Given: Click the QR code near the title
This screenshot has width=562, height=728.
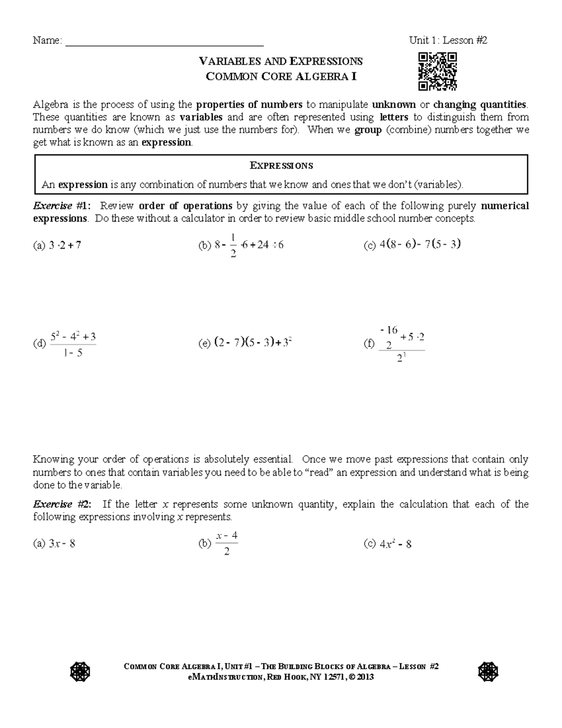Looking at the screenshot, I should click(x=437, y=71).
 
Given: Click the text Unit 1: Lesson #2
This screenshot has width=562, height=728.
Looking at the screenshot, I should click(x=448, y=40).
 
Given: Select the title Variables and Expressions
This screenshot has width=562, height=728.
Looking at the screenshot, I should click(x=281, y=61).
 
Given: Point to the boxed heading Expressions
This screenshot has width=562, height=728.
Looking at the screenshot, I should click(x=281, y=165).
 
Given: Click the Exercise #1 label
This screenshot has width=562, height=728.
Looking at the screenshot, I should click(x=62, y=206).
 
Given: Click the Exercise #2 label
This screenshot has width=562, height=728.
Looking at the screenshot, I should click(x=62, y=504).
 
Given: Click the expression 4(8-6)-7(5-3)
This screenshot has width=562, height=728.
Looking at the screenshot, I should click(x=420, y=244).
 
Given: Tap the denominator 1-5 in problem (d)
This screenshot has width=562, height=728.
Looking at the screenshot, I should click(x=72, y=353).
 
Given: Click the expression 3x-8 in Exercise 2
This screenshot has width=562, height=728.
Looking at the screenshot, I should click(x=62, y=544).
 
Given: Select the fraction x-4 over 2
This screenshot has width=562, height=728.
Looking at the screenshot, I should click(x=227, y=543).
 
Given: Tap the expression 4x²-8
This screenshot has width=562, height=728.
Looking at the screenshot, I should click(x=395, y=544).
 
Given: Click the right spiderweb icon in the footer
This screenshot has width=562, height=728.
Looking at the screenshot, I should click(x=488, y=672).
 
